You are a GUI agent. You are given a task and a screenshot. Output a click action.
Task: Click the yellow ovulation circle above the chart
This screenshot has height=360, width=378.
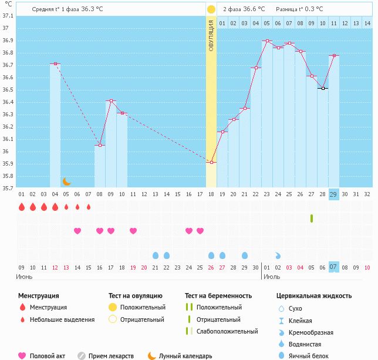tap(211, 9)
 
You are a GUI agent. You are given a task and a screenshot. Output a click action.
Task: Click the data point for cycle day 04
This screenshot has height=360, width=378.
tap(55, 63)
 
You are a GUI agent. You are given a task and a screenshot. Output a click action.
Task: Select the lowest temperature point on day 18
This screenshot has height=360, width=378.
tap(211, 162)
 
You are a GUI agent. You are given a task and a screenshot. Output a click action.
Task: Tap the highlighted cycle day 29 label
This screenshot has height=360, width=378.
tap(333, 194)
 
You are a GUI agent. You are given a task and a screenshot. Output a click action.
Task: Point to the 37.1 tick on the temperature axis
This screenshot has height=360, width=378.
tap(7, 15)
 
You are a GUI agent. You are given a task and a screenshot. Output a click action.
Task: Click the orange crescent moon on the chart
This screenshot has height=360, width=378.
tap(67, 181)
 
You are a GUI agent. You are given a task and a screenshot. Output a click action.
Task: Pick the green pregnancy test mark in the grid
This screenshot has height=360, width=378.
tap(312, 218)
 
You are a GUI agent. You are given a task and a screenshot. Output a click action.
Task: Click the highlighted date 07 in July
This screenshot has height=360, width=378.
tap(333, 267)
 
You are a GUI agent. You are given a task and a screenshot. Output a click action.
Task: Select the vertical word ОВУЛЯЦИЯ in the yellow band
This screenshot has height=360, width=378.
tap(211, 35)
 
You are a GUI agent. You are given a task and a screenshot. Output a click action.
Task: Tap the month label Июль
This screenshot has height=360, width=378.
tap(271, 276)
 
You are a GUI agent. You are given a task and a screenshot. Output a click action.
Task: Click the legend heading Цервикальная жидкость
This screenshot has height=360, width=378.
tap(314, 296)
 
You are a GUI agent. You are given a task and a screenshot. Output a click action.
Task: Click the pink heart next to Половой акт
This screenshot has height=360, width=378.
tap(22, 356)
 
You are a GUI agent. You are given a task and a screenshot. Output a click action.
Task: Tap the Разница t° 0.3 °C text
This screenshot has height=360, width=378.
tap(299, 9)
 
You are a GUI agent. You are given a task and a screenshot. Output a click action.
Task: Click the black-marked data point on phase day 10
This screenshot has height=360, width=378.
tap(323, 88)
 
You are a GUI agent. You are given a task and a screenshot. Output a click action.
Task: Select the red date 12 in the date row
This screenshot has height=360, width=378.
tap(55, 267)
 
